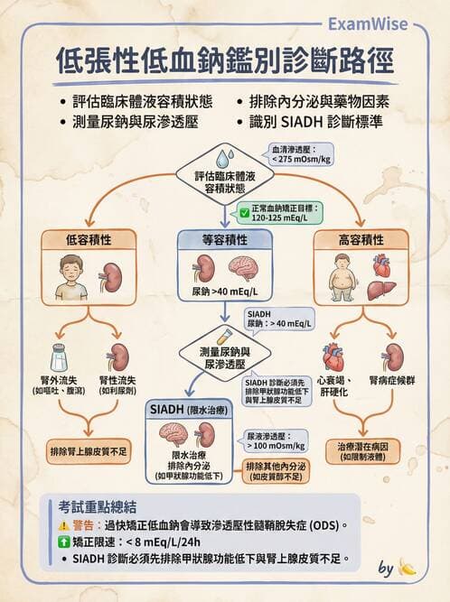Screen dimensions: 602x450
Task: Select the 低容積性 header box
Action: pos(89,240)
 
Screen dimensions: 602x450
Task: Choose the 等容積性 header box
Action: pos(224,240)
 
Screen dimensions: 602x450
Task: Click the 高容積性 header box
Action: pos(360,240)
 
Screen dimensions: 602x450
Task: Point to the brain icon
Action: pos(244,270)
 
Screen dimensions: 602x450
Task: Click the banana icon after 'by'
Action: pos(408,569)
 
